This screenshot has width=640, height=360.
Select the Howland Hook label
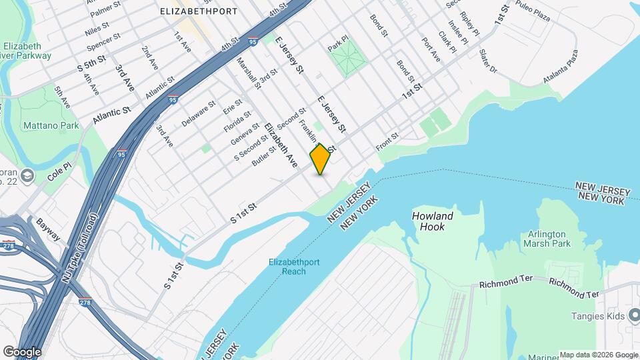(432, 221)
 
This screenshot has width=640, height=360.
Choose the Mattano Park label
(51, 125)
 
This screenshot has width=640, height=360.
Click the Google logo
(21, 351)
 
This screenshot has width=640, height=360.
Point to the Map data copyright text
(599, 355)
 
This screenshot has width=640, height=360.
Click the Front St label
(387, 139)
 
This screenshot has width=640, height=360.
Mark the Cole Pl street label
(59, 174)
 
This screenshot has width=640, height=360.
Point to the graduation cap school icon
(27, 175)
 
